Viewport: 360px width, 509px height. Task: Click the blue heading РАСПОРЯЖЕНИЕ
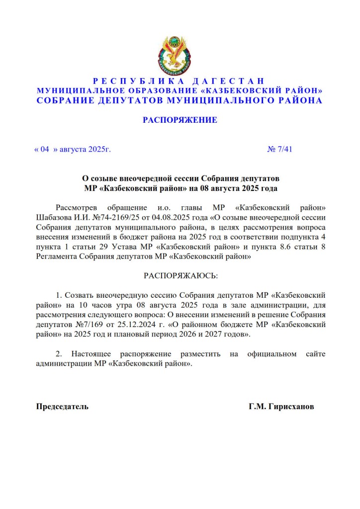pos(180,120)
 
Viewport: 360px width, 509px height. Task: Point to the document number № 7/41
pos(280,149)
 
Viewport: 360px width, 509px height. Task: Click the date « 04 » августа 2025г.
pos(72,149)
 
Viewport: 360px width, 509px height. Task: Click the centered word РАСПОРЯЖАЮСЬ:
pos(180,275)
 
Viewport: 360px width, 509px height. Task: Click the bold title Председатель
pos(62,407)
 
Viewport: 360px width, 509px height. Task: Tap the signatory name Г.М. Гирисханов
pos(281,407)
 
